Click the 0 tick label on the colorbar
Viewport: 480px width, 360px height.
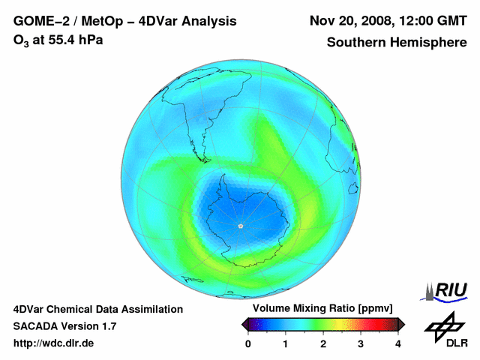pyautogui.click(x=248, y=343)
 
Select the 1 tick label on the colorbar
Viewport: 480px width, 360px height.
pyautogui.click(x=286, y=343)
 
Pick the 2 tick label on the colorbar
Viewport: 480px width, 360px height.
pyautogui.click(x=323, y=343)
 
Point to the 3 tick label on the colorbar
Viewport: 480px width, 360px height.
pyautogui.click(x=361, y=343)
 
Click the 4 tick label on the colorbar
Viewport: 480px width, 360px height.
pyautogui.click(x=398, y=343)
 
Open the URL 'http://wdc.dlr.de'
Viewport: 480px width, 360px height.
pyautogui.click(x=54, y=343)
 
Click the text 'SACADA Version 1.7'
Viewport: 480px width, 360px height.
pyautogui.click(x=64, y=326)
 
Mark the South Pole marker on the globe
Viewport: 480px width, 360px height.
pyautogui.click(x=240, y=226)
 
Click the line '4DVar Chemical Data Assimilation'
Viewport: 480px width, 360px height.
pyautogui.click(x=97, y=309)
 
